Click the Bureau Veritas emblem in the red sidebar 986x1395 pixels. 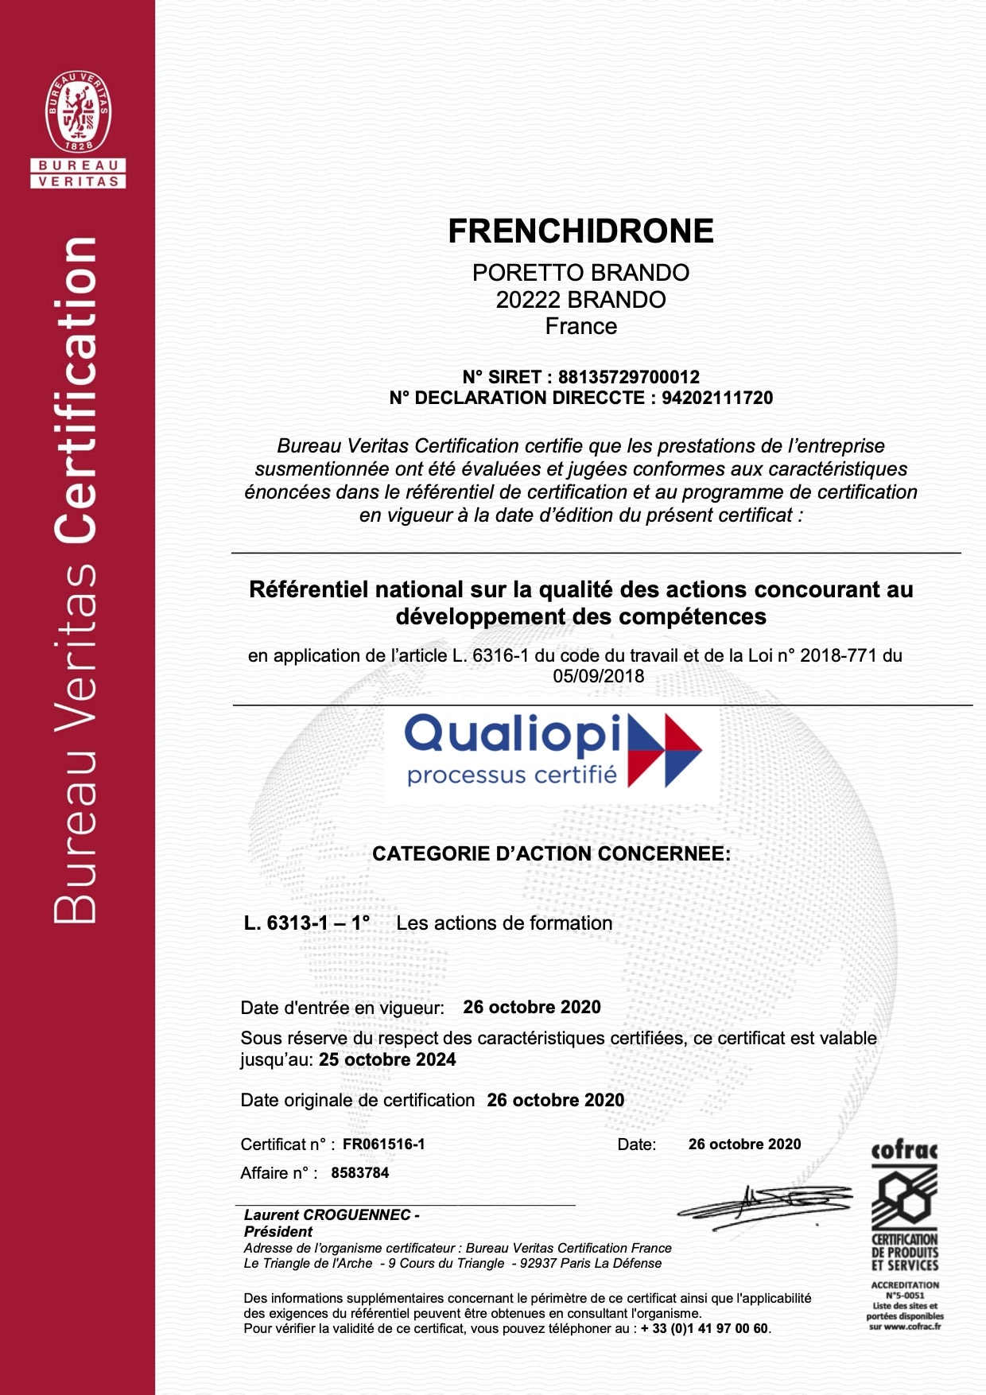tap(78, 112)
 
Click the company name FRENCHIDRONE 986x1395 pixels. tap(580, 231)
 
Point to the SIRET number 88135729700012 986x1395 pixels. tap(628, 377)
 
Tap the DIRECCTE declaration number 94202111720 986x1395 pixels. tap(716, 398)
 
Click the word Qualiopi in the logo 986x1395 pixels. tap(513, 735)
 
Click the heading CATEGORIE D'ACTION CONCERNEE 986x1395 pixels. tap(551, 854)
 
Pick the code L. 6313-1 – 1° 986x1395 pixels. tap(307, 923)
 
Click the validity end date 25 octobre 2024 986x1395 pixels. tap(387, 1060)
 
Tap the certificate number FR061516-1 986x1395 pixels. tap(383, 1144)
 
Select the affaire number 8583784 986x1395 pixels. tap(359, 1173)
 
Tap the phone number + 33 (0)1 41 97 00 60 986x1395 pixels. tap(705, 1329)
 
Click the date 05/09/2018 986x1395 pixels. tap(599, 677)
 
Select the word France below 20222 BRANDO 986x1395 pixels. tap(580, 327)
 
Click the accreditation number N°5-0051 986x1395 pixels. tap(905, 1295)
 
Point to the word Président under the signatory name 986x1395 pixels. tap(278, 1232)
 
